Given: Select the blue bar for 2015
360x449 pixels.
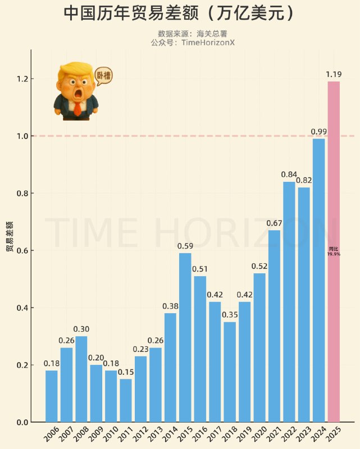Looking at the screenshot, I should point(185,337).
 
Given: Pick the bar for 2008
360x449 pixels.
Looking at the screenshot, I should point(81,379).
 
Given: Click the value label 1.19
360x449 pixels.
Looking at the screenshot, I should point(334,74).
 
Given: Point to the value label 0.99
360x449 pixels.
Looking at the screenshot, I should point(319,131).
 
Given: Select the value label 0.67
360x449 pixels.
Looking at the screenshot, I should point(274,223).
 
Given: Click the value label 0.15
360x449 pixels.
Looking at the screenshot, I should point(126,372).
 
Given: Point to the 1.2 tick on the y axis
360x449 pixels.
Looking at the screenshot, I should point(22,79).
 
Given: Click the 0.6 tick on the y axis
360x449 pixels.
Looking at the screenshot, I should point(22,251).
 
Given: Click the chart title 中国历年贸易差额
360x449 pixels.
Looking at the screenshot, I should point(132,13).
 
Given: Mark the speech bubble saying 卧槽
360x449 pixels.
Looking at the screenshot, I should point(103,75).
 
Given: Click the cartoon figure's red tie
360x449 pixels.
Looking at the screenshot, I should point(77,108).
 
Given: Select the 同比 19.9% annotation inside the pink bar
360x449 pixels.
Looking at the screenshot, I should point(334,251).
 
